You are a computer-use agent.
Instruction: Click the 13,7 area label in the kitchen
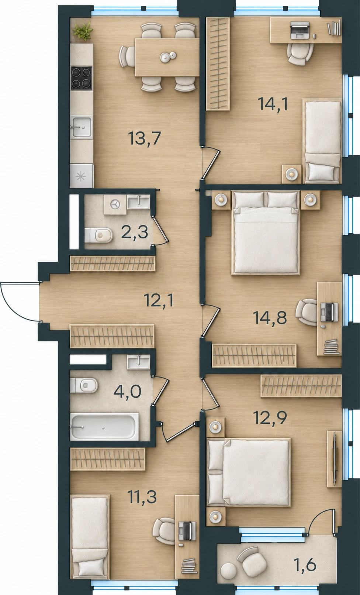(x=145, y=138)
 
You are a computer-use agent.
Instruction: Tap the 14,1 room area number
(x=273, y=104)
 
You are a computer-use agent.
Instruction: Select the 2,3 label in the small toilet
(x=134, y=233)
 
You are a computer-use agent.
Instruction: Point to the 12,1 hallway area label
(x=159, y=301)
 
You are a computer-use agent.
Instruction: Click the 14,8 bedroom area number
(x=270, y=318)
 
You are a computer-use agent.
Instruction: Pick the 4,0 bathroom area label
(x=127, y=392)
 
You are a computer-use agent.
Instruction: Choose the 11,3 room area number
(x=142, y=496)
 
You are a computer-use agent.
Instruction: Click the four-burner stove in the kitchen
(x=81, y=78)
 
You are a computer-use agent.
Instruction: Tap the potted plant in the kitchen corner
(x=83, y=31)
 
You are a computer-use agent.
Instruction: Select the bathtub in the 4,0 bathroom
(x=104, y=427)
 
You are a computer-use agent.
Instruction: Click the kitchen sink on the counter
(x=82, y=127)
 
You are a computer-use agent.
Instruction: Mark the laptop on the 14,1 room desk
(x=300, y=30)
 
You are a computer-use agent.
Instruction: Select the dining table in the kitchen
(x=167, y=57)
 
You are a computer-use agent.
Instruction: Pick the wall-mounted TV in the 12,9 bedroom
(x=335, y=459)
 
